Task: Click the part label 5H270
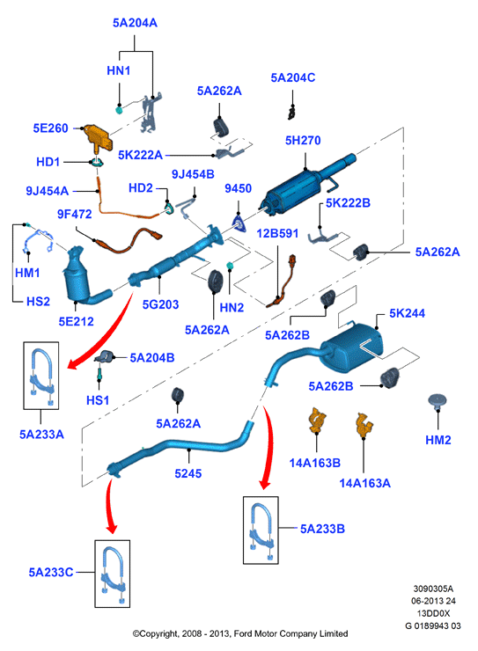(303, 141)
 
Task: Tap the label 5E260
(51, 128)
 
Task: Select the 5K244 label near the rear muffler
(407, 313)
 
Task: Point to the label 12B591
(277, 233)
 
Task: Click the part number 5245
(188, 473)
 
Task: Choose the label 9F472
(75, 214)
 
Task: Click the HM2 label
(438, 440)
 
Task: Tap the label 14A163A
(365, 483)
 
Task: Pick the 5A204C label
(293, 77)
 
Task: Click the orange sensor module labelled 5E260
(98, 137)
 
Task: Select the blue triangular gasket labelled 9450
(239, 223)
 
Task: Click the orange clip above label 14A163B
(317, 420)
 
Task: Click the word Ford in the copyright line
(243, 633)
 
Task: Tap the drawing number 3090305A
(433, 589)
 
